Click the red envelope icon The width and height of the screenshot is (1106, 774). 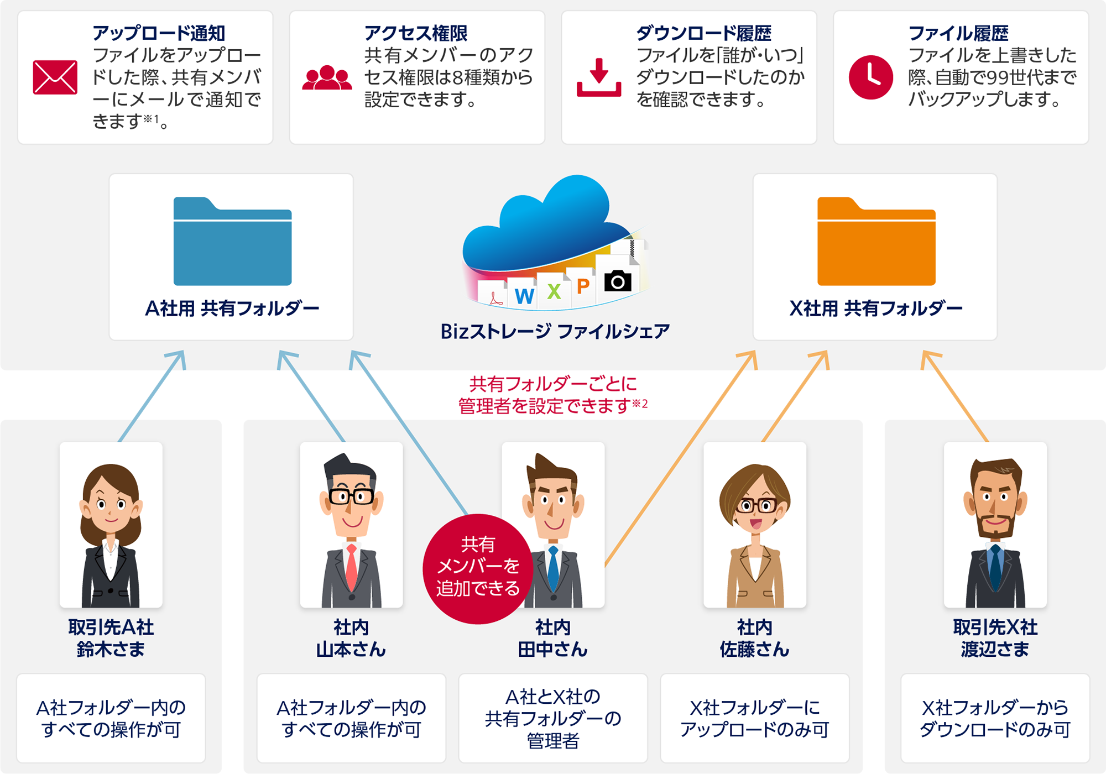[x=55, y=77]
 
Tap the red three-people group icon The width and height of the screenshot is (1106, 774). [x=327, y=78]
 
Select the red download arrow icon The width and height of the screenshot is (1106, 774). [x=599, y=77]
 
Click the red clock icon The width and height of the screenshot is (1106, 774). [x=870, y=77]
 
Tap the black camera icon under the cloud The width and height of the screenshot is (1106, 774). [x=618, y=281]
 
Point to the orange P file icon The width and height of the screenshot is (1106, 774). [x=582, y=286]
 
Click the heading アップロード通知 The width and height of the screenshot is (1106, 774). [x=159, y=33]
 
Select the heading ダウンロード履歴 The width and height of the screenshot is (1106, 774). [x=703, y=33]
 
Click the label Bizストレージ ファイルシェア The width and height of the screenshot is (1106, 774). [x=555, y=331]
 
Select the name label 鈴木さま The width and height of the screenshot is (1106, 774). [x=111, y=649]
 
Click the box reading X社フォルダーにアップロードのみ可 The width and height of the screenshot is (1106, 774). [x=754, y=718]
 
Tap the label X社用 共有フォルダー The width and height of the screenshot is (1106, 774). [x=875, y=308]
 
